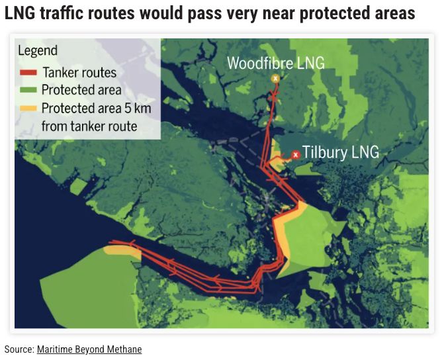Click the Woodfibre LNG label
(276, 63)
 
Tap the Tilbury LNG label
(340, 152)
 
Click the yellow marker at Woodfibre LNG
(275, 79)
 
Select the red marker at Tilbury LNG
(296, 154)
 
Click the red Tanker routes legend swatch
(28, 73)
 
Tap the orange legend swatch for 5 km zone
(28, 108)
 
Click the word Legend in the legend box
(38, 51)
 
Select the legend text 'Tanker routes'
(79, 73)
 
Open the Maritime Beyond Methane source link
(89, 349)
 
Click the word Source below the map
(18, 349)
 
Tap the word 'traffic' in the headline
(70, 13)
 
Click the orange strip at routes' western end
(122, 250)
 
